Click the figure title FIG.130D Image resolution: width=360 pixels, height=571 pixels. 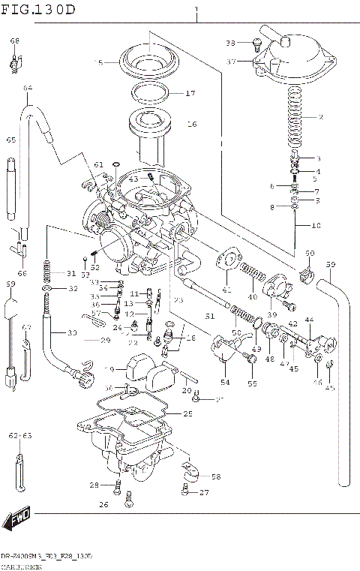(39, 9)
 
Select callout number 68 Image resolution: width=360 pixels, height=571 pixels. (15, 41)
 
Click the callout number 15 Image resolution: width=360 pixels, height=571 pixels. (97, 63)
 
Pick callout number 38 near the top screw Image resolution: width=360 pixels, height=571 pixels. (230, 43)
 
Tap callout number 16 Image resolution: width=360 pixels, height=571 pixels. (190, 124)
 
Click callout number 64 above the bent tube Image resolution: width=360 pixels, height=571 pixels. (27, 89)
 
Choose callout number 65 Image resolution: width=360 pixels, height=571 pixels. (11, 140)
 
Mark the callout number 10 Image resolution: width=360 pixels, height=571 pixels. (316, 224)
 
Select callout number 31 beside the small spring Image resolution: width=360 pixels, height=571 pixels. (71, 272)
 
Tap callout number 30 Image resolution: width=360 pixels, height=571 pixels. (72, 332)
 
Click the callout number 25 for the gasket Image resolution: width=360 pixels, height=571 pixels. (187, 413)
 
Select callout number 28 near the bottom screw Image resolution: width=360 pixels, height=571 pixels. (94, 484)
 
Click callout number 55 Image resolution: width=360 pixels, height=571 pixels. (252, 383)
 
